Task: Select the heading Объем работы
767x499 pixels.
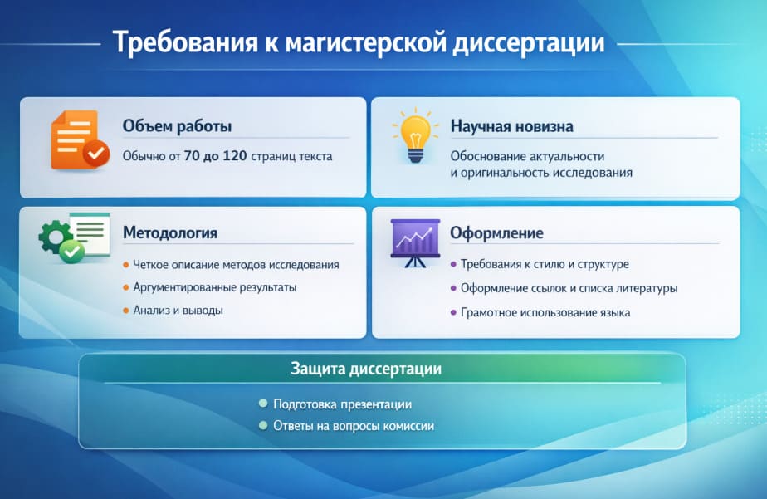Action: (177, 126)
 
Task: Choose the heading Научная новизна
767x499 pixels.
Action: (511, 126)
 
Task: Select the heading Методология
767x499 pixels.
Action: (170, 232)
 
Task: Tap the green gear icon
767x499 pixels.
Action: (57, 239)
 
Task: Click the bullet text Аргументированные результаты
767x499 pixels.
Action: (214, 287)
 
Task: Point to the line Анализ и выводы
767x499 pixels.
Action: (178, 311)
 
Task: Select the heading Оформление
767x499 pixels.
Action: (496, 232)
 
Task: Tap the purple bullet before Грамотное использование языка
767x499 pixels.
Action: (452, 313)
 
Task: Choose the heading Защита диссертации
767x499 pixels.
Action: (365, 368)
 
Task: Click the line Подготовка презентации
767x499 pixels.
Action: (342, 404)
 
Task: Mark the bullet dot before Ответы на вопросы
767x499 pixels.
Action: (262, 426)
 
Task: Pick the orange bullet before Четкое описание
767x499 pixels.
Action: (125, 265)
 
